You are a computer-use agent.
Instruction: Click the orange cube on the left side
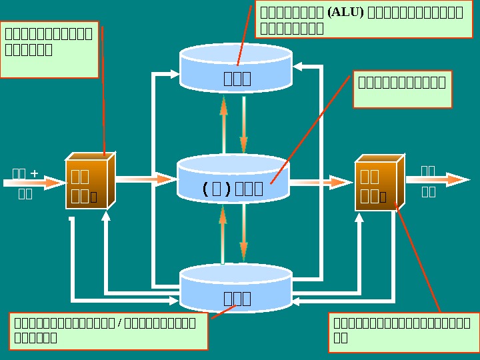[89, 182]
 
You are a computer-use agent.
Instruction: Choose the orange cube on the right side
[378, 184]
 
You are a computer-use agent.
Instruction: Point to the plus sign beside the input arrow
[34, 174]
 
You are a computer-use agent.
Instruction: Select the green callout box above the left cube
[49, 49]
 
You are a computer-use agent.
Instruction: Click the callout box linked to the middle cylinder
[402, 89]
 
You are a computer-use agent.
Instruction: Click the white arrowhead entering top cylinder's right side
[297, 67]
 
